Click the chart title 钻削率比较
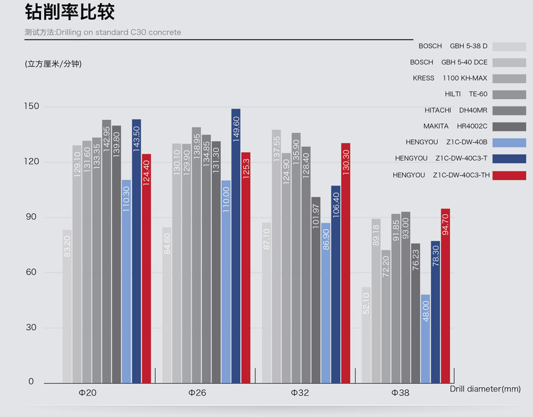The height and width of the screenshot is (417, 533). coord(70,12)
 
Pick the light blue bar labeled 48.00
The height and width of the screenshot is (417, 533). coord(426,338)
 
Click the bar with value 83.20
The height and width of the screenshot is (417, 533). coord(67,306)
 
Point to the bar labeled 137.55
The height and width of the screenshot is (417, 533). coord(276,256)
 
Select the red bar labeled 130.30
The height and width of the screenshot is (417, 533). coord(346,263)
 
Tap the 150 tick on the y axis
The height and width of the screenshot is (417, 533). coord(32,106)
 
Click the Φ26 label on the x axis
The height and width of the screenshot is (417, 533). coord(197,393)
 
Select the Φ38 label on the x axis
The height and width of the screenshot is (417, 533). coord(401,393)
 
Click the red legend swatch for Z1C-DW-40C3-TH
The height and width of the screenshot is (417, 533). coord(509,176)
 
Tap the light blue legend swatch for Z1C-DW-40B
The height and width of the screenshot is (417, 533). coord(509,143)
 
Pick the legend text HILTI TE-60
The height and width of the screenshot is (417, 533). coord(466,94)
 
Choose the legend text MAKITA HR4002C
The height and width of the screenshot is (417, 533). coord(455,126)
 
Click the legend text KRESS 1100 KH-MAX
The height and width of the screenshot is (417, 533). coord(450,78)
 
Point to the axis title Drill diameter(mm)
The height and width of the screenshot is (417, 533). coord(485,389)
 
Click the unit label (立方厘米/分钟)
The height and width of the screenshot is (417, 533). coord(53,64)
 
